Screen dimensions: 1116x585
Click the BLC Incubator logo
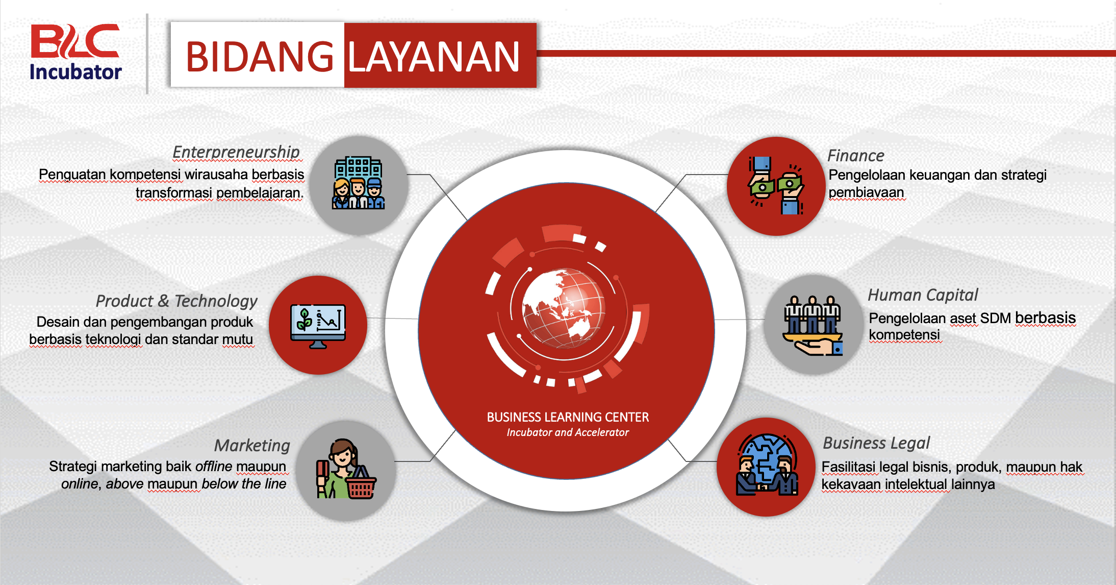pyautogui.click(x=75, y=52)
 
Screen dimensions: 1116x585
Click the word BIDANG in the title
pyautogui.click(x=260, y=56)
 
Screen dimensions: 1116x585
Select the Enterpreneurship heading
pyautogui.click(x=236, y=152)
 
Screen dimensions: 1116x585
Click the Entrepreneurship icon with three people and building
pyautogui.click(x=359, y=183)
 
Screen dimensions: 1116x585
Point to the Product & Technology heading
pyautogui.click(x=176, y=301)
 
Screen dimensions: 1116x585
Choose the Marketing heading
pyautogui.click(x=252, y=445)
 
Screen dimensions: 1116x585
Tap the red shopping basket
pyautogui.click(x=361, y=483)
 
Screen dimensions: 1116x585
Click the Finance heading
pyautogui.click(x=856, y=156)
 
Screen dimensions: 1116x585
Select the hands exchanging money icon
pyautogui.click(x=776, y=186)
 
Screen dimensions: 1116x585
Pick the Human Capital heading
pyautogui.click(x=923, y=295)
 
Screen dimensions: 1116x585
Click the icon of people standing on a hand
pyautogui.click(x=813, y=325)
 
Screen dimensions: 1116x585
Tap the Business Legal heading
pyautogui.click(x=877, y=443)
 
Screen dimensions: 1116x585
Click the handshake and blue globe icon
pyautogui.click(x=767, y=465)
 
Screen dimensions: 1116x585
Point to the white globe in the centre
pyautogui.click(x=563, y=309)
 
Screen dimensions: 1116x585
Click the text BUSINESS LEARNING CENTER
pyautogui.click(x=568, y=417)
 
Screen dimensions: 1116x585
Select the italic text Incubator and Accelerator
pyautogui.click(x=568, y=432)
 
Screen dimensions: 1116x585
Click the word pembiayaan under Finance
pyautogui.click(x=867, y=193)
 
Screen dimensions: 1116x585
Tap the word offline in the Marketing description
pyautogui.click(x=214, y=467)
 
